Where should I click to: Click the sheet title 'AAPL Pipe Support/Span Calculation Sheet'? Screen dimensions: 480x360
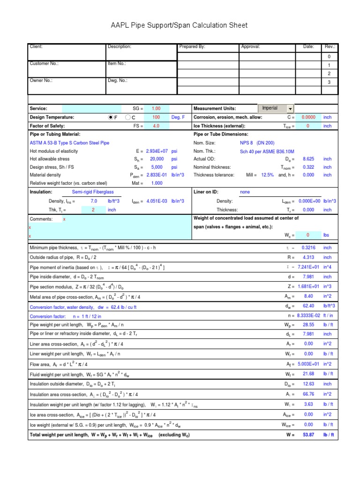(180, 25)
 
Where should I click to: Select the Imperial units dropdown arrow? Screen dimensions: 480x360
(290, 108)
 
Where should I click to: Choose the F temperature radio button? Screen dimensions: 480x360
(111, 118)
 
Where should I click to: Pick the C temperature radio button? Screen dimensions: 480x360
(127, 118)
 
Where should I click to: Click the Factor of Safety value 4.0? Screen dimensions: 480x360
(156, 126)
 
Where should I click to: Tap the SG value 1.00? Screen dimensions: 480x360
(156, 108)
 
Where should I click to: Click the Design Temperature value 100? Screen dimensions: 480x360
(156, 118)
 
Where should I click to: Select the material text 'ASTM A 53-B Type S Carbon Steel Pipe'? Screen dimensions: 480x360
(70, 142)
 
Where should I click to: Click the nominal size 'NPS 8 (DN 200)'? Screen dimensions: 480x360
(257, 143)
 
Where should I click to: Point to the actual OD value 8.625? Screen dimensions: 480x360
(308, 159)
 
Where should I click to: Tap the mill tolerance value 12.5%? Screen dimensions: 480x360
(267, 175)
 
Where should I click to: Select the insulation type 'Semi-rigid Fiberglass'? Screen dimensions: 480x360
(93, 192)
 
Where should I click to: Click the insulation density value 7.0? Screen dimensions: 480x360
(93, 201)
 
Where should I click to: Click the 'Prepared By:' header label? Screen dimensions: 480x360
(192, 47)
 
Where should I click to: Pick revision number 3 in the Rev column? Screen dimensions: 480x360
(329, 82)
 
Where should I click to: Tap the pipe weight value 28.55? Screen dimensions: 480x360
(308, 324)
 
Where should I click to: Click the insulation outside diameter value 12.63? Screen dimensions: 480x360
(308, 384)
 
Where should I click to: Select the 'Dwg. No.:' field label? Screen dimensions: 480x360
(118, 81)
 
